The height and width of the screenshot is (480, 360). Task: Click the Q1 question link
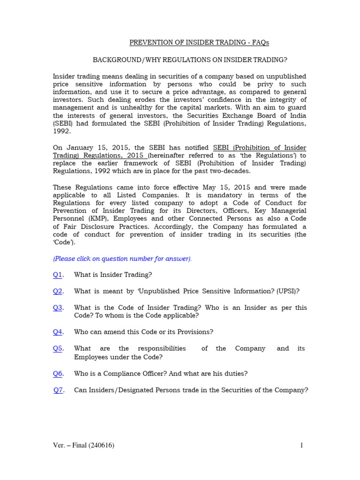point(58,275)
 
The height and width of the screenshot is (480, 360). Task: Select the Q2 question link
point(58,291)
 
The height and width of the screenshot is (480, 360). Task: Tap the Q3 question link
point(58,307)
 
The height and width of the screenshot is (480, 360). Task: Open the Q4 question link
point(58,332)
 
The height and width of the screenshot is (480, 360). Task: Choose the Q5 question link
point(58,348)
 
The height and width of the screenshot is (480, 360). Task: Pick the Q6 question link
point(58,374)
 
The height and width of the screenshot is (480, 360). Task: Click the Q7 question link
point(58,390)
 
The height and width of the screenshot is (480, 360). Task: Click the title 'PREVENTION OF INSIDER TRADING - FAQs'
point(199,43)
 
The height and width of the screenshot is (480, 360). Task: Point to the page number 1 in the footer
point(302,446)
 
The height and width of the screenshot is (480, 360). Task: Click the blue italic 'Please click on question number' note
point(122,259)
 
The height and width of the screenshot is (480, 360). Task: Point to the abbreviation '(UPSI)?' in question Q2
point(288,291)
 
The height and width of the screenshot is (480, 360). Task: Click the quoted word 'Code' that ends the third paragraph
point(63,243)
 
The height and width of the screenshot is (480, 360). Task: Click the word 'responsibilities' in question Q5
point(162,349)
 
